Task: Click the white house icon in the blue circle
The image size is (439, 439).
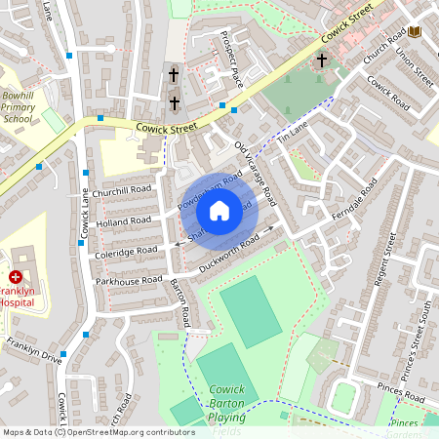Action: [x=219, y=210]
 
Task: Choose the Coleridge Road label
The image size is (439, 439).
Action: [x=127, y=251]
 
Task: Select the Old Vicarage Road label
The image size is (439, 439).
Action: [x=256, y=175]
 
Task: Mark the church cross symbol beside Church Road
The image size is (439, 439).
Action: [x=322, y=61]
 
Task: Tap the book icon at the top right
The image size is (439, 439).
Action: [x=415, y=33]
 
